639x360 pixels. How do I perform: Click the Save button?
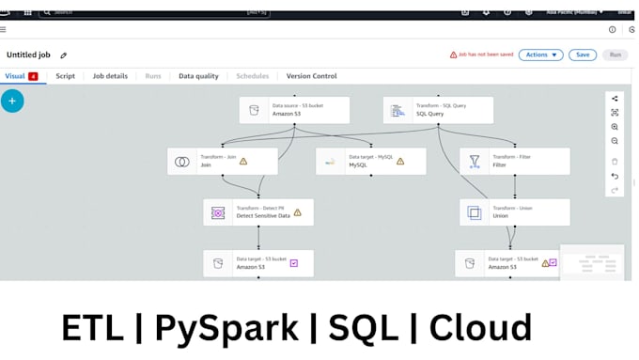583,55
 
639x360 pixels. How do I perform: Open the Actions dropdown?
540,55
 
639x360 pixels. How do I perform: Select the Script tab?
65,76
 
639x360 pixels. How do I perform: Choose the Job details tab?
110,76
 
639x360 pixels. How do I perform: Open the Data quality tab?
198,76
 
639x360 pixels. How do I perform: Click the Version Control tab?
311,76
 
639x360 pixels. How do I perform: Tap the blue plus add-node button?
12,101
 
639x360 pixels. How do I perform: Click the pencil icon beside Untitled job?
64,55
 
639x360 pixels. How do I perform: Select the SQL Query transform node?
438,110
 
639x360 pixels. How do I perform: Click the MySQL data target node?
370,161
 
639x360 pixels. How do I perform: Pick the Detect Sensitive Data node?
257,212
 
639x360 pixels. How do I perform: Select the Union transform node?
514,212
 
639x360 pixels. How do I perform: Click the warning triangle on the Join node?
243,161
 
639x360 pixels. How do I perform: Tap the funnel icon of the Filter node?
475,161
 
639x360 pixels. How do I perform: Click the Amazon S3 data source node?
280,110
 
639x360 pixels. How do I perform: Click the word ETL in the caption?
92,328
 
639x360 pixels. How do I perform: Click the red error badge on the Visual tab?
34,76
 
